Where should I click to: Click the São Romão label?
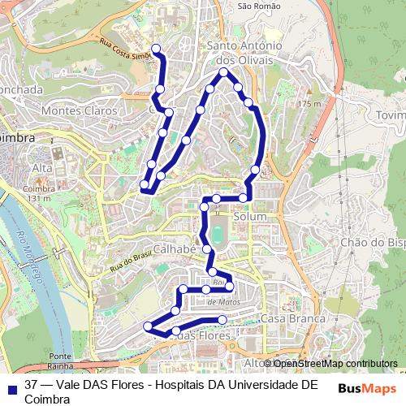point(259,6)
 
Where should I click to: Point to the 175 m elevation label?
point(309,104)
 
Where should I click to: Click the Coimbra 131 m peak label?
point(39,193)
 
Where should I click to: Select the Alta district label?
point(42,167)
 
